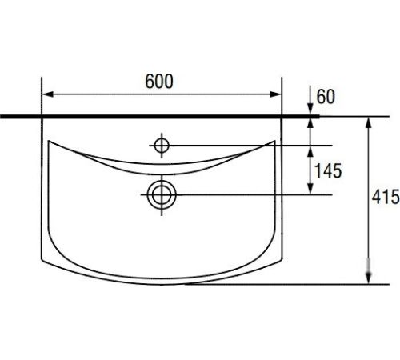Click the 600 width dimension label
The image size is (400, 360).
[x=159, y=81]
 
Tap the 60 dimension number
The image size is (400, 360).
[x=326, y=97]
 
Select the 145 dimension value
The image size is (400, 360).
[x=328, y=170]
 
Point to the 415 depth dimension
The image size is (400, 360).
[x=386, y=197]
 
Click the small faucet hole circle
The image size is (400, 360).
[x=162, y=146]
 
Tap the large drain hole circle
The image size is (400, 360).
[x=162, y=195]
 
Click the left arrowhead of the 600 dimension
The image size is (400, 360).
[x=48, y=94]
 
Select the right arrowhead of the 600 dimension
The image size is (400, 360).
[x=275, y=94]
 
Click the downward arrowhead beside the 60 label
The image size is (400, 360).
[x=310, y=110]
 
